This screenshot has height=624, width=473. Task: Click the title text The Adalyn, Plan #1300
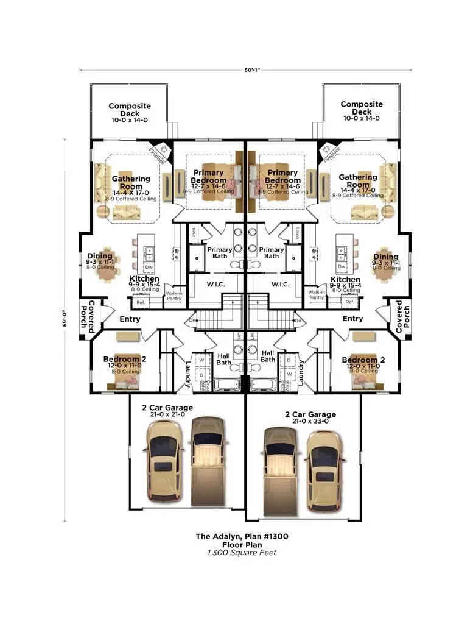pyautogui.click(x=242, y=536)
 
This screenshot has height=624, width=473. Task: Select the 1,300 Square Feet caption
pyautogui.click(x=242, y=553)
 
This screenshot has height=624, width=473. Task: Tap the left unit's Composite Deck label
pyautogui.click(x=130, y=110)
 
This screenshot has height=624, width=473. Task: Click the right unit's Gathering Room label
pyautogui.click(x=358, y=181)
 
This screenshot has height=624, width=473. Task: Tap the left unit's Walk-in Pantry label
pyautogui.click(x=175, y=296)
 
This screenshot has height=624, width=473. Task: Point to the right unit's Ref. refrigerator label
pyautogui.click(x=349, y=302)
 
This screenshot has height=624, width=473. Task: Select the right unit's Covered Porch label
pyautogui.click(x=399, y=315)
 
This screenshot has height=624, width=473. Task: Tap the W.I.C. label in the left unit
pyautogui.click(x=216, y=285)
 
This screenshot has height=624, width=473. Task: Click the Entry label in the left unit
pyautogui.click(x=130, y=319)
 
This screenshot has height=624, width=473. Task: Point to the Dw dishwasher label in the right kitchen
pyautogui.click(x=342, y=267)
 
